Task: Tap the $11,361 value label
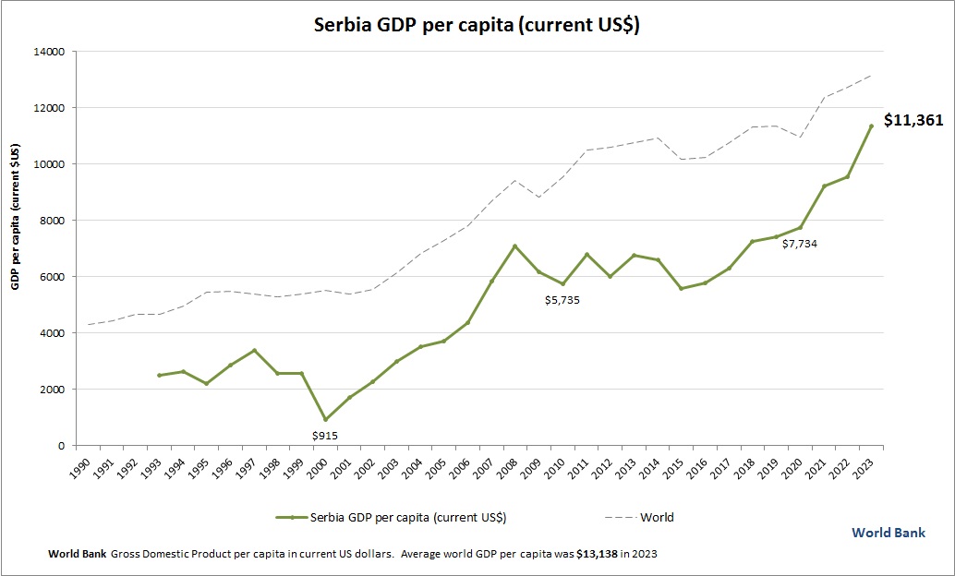click(x=913, y=120)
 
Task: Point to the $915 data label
click(x=324, y=435)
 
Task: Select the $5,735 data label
click(x=562, y=300)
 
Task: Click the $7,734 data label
click(x=799, y=244)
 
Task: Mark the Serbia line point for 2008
click(x=515, y=246)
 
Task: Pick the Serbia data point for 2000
click(x=325, y=419)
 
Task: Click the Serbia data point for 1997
click(x=254, y=351)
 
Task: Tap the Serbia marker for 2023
click(x=871, y=126)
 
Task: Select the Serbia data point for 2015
click(x=682, y=289)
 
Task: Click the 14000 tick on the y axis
click(x=45, y=52)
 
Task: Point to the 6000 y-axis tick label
click(x=48, y=277)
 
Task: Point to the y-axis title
click(x=16, y=217)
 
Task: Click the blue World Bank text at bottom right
click(x=888, y=533)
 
